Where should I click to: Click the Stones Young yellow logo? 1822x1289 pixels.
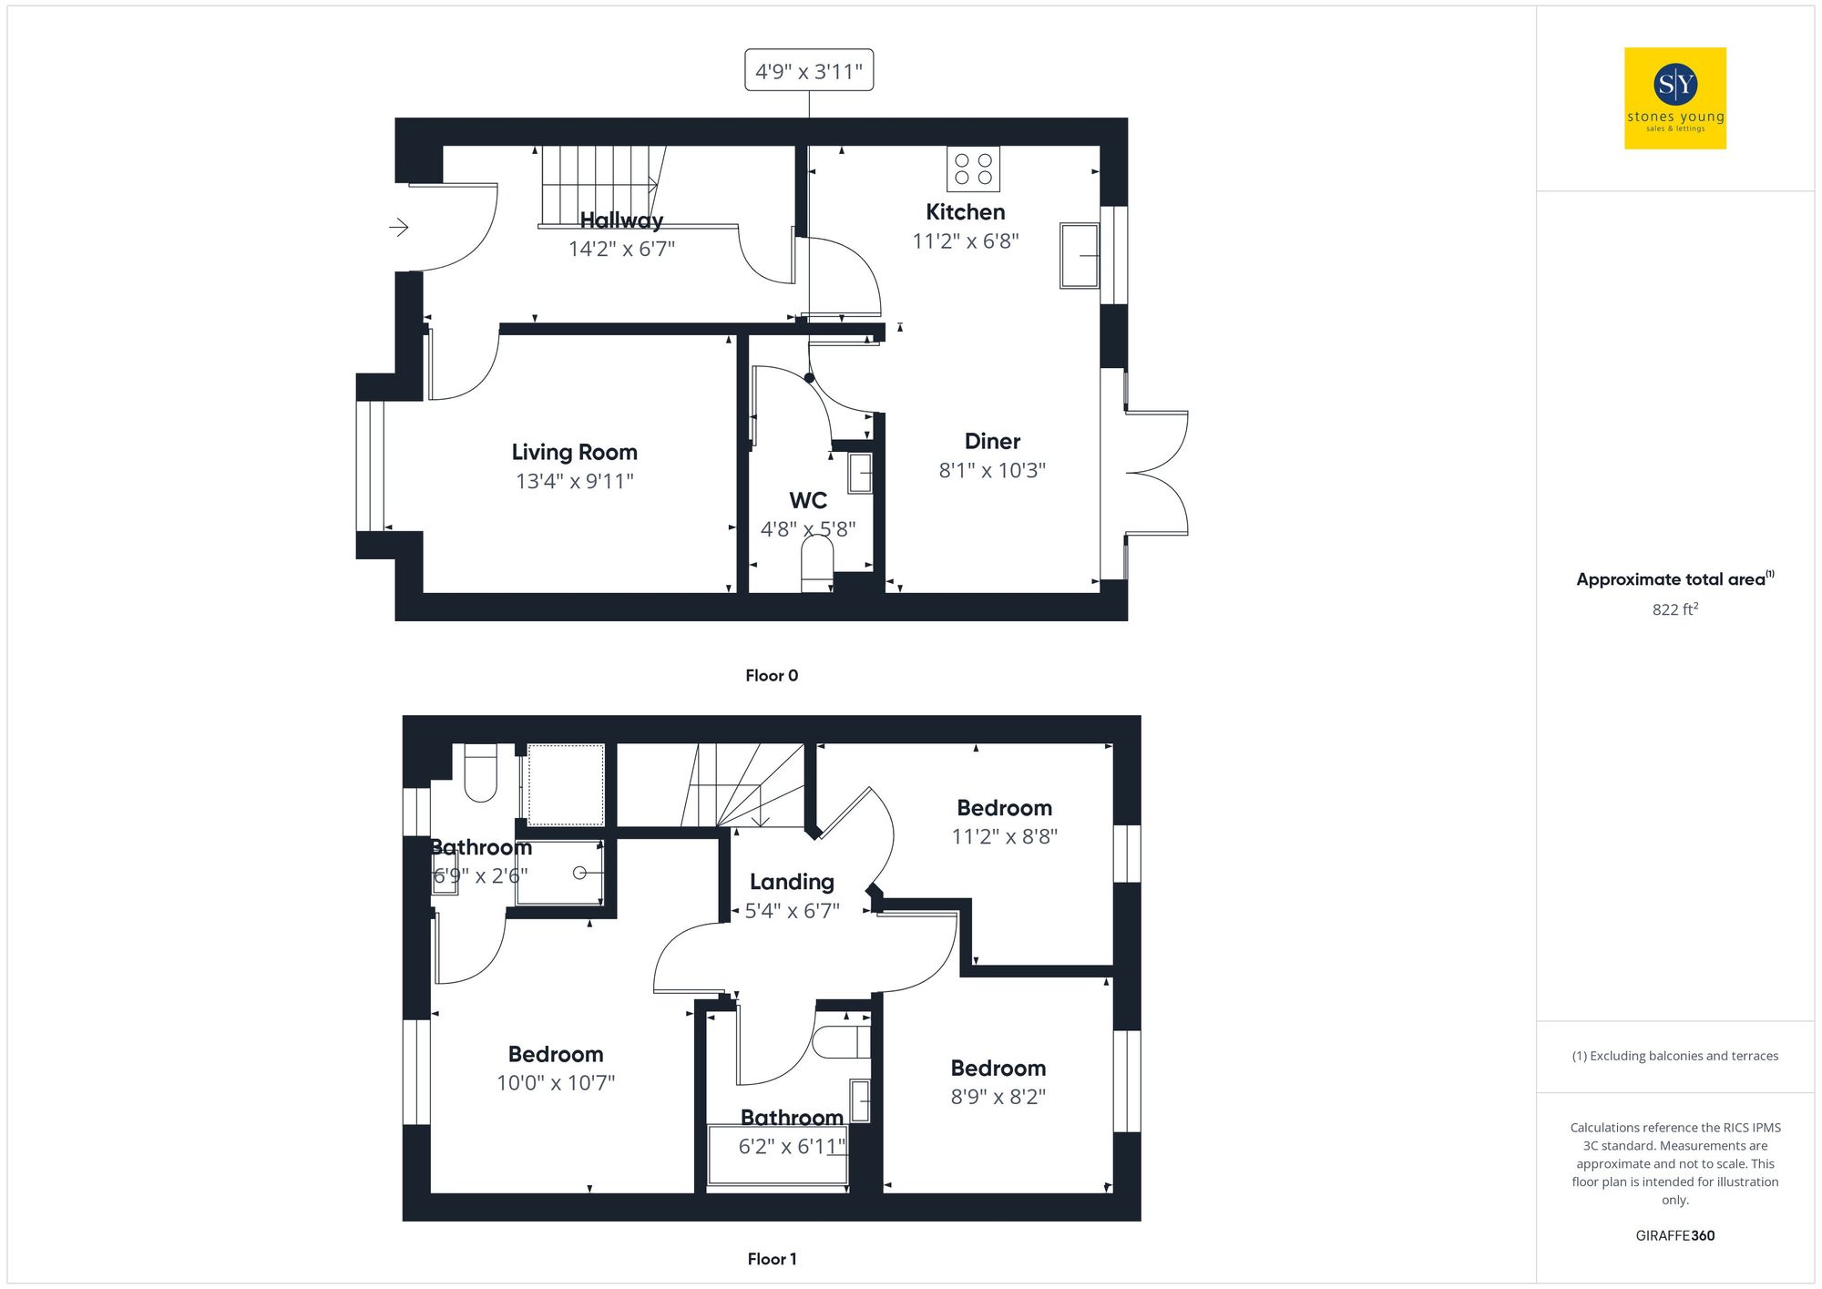click(x=1674, y=98)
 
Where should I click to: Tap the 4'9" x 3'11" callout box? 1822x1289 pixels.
click(x=809, y=70)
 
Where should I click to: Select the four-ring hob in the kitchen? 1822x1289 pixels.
click(x=973, y=169)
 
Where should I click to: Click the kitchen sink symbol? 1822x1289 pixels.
click(x=1080, y=255)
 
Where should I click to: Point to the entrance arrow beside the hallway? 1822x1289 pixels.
click(x=399, y=227)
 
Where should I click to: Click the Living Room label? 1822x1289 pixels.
click(x=574, y=452)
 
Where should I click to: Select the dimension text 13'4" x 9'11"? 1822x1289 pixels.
click(x=574, y=481)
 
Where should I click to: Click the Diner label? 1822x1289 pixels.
click(x=992, y=441)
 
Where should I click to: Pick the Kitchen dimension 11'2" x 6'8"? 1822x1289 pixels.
click(x=966, y=241)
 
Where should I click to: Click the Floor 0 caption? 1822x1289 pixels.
click(x=772, y=675)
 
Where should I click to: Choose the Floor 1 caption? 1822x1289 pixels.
click(x=772, y=1259)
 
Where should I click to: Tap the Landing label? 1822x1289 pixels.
click(x=792, y=882)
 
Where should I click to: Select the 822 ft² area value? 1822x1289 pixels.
click(x=1674, y=609)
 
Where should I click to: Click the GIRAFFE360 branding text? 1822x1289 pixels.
click(x=1674, y=1236)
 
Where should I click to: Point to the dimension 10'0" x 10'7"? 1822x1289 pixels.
click(x=556, y=1083)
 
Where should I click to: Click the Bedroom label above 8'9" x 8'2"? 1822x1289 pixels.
click(x=998, y=1068)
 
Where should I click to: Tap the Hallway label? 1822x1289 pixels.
click(x=621, y=220)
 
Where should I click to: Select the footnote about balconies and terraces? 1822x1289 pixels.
click(x=1674, y=1056)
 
